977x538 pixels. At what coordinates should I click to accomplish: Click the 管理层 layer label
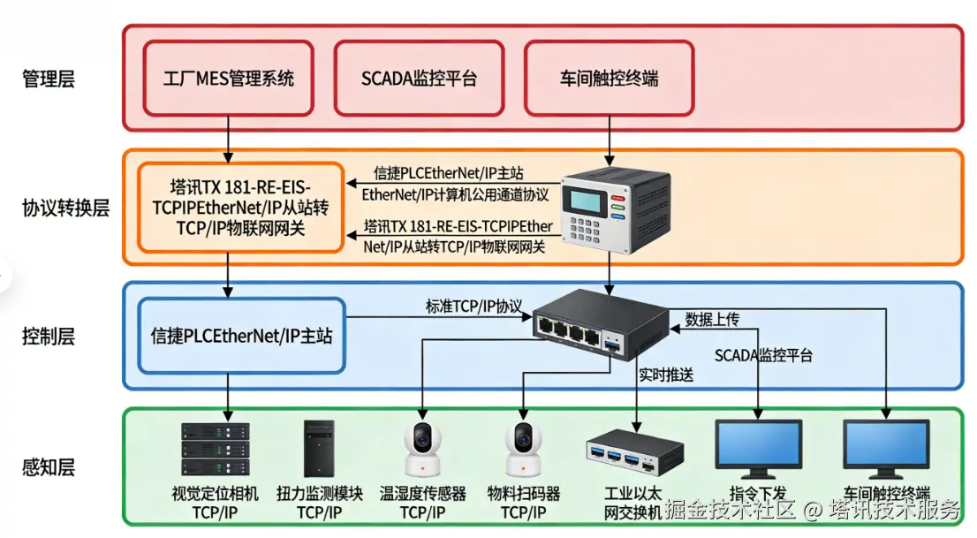click(49, 80)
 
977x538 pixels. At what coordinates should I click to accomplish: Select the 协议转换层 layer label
click(65, 208)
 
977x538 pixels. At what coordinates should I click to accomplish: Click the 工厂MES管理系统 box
click(229, 78)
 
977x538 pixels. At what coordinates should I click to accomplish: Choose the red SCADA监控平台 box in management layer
click(419, 78)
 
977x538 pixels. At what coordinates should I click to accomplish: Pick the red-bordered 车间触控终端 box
click(609, 78)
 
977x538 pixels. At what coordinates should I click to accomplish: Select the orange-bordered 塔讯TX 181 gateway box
click(241, 208)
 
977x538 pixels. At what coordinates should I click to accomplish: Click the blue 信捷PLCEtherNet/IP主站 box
click(241, 336)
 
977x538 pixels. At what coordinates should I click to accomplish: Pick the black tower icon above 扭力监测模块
click(319, 450)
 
